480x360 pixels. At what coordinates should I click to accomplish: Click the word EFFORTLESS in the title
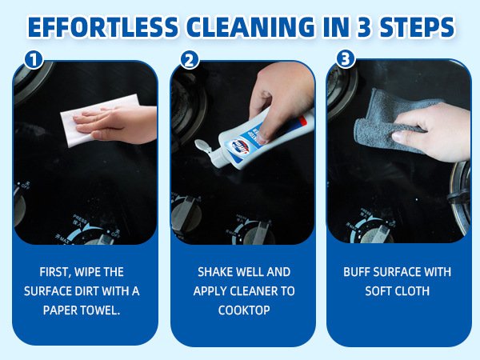pos(103,27)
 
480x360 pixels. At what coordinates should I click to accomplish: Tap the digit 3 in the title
pos(363,27)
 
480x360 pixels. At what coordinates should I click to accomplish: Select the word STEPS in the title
pos(417,27)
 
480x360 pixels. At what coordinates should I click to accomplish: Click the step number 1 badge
pos(34,59)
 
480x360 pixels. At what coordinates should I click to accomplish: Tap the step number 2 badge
pos(190,59)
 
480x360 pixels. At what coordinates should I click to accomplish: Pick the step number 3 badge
pos(346,58)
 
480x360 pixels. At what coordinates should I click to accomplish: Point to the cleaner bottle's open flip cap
pos(203,146)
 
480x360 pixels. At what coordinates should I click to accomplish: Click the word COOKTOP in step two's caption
pos(244,310)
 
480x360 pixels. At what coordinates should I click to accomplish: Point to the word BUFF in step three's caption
pos(356,272)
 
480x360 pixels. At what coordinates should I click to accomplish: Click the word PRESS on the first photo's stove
pos(80,218)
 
